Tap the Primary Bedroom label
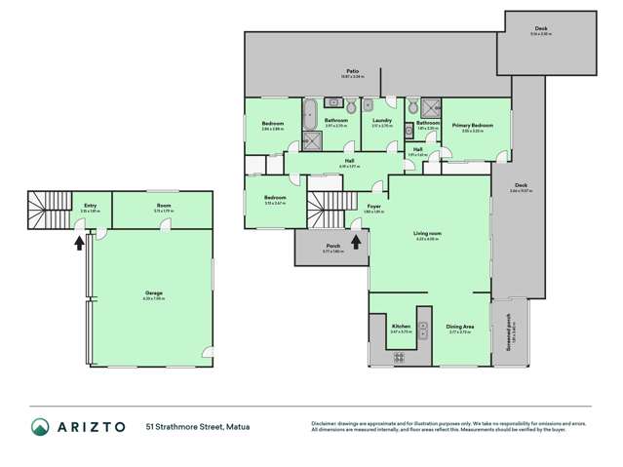[471, 126]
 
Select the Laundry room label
[381, 120]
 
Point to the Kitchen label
[401, 326]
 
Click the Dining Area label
[460, 327]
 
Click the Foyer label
[373, 207]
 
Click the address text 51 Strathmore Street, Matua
[195, 427]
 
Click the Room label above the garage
[165, 206]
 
